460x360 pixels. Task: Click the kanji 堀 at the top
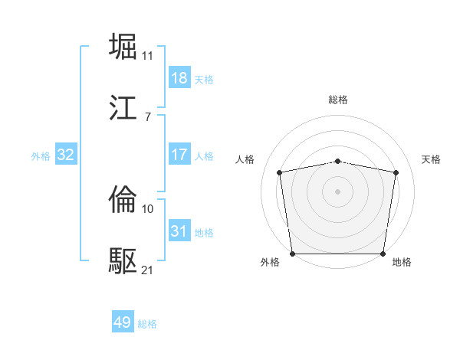pyautogui.click(x=124, y=47)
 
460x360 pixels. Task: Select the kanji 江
pyautogui.click(x=124, y=108)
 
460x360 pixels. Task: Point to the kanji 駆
pyautogui.click(x=124, y=261)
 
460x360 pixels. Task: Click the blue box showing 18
pyautogui.click(x=179, y=78)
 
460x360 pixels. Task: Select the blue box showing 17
pyautogui.click(x=179, y=155)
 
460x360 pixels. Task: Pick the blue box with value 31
pyautogui.click(x=179, y=231)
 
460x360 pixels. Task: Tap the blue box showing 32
pyautogui.click(x=66, y=155)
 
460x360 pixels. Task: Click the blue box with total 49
pyautogui.click(x=123, y=322)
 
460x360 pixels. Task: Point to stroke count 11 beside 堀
pyautogui.click(x=147, y=56)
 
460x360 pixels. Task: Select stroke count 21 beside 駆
pyautogui.click(x=147, y=270)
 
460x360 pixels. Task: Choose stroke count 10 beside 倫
pyautogui.click(x=147, y=208)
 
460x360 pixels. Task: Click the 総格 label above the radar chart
pyautogui.click(x=338, y=100)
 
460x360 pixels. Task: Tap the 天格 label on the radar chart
pyautogui.click(x=431, y=159)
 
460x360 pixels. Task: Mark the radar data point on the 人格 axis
pyautogui.click(x=280, y=172)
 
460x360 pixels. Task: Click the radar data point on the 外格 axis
pyautogui.click(x=292, y=254)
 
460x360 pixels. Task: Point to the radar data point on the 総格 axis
pyautogui.click(x=338, y=161)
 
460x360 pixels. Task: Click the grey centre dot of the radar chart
pyautogui.click(x=338, y=191)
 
